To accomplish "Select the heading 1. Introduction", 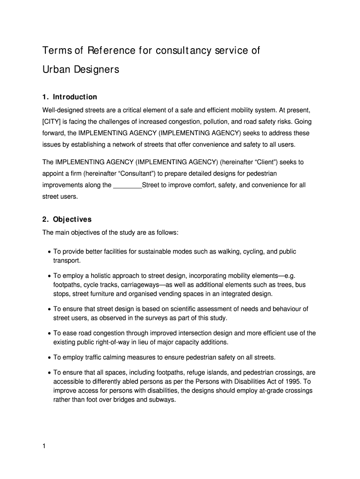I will pyautogui.click(x=70, y=97).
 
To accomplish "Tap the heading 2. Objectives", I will pyautogui.click(x=67, y=219).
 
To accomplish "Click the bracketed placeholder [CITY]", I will pyautogui.click(x=53, y=122).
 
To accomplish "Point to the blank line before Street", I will pyautogui.click(x=127, y=185).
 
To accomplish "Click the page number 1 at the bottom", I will pyautogui.click(x=44, y=446).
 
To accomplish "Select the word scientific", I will pyautogui.click(x=184, y=309).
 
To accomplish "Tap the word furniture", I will pyautogui.click(x=101, y=294).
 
